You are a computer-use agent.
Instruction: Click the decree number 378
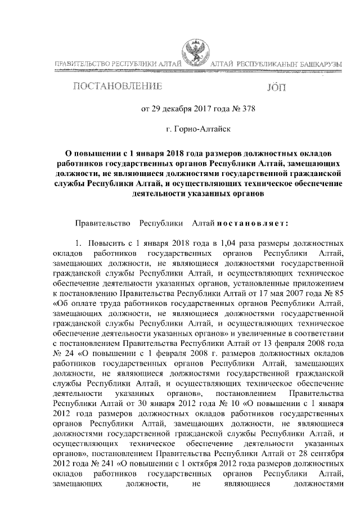click(x=248, y=109)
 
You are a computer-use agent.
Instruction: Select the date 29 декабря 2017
click(x=181, y=109)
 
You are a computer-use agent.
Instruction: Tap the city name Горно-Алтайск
click(x=201, y=129)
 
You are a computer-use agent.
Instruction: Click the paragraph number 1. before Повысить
click(x=80, y=245)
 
